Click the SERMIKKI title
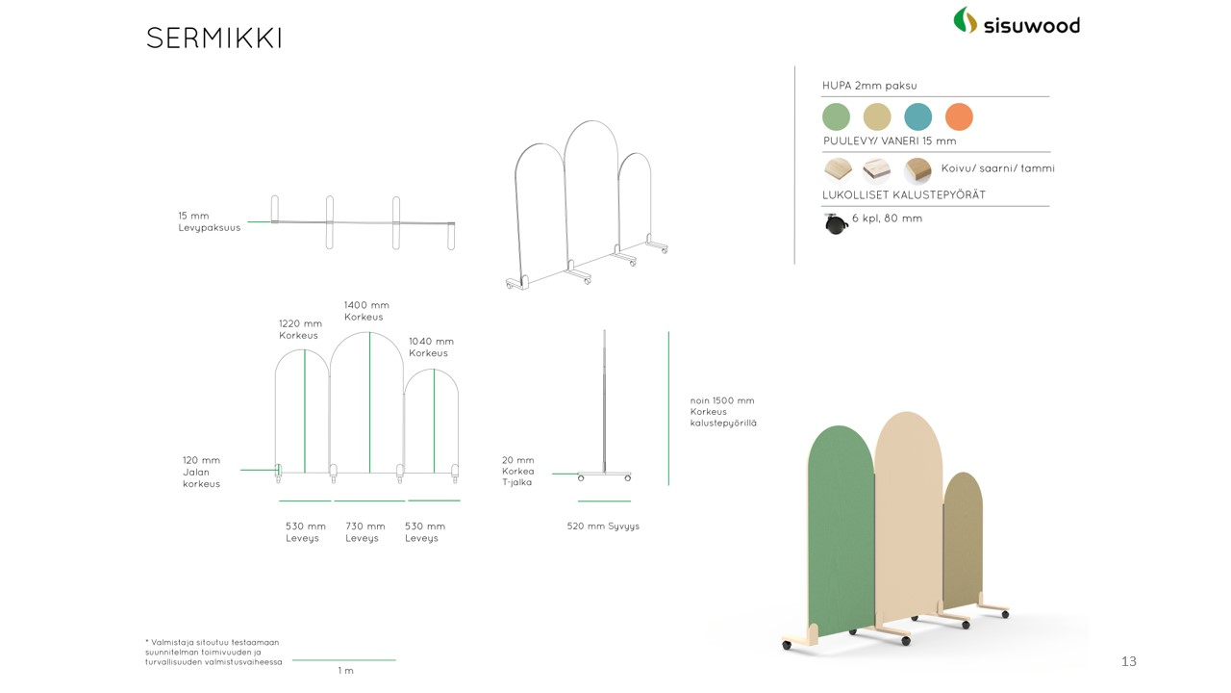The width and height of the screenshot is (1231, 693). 214,38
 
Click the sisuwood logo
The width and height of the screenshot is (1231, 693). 1017,21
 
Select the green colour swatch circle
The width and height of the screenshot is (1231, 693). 836,116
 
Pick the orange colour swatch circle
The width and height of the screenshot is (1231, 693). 959,116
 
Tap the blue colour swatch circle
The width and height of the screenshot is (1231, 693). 917,116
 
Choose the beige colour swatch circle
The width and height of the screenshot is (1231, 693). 877,116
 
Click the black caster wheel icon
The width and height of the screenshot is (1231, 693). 836,224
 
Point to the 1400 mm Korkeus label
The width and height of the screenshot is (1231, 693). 366,311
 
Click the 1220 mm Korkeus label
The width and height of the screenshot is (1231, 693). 300,329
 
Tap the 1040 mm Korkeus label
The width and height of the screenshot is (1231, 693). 431,347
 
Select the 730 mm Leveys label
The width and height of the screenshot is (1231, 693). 364,532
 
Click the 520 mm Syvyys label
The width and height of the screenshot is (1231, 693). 603,526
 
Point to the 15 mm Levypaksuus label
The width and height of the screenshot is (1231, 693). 209,221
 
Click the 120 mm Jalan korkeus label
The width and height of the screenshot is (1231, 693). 201,472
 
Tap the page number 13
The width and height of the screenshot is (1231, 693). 1129,661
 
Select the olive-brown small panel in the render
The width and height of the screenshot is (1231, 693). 963,539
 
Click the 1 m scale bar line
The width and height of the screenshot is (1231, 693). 344,659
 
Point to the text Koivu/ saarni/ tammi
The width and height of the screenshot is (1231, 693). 997,168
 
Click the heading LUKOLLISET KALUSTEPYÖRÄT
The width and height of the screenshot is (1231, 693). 903,194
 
